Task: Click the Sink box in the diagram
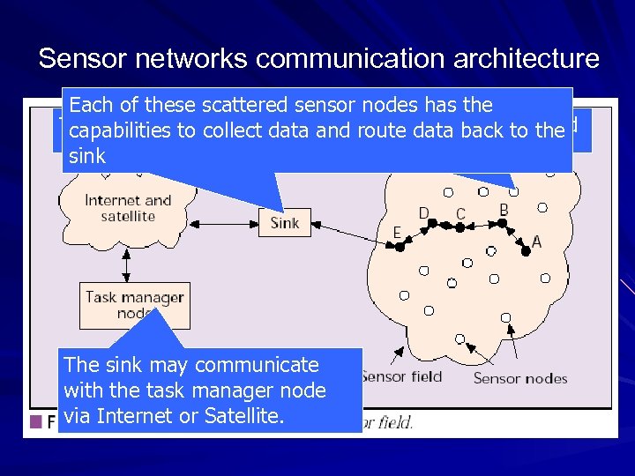(284, 223)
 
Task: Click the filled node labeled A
(527, 251)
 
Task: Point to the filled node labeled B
(503, 223)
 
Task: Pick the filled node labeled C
(459, 227)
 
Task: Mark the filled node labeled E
(399, 248)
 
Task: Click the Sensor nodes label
(520, 378)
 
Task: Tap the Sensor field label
(401, 376)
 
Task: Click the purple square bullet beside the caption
(36, 421)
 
